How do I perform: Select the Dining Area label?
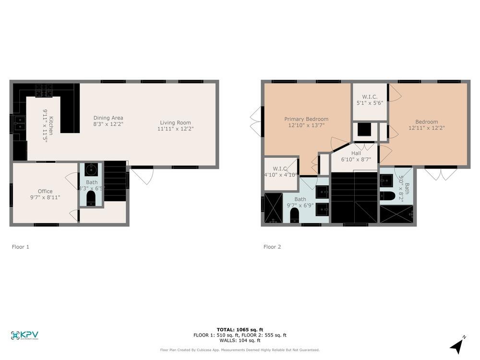pyautogui.click(x=108, y=118)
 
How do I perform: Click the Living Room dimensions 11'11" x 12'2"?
pyautogui.click(x=176, y=129)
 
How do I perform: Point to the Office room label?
pyautogui.click(x=45, y=191)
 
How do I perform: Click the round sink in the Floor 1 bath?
pyautogui.click(x=91, y=170)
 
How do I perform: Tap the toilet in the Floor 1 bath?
pyautogui.click(x=91, y=198)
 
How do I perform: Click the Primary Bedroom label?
pyautogui.click(x=306, y=119)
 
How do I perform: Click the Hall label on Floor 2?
pyautogui.click(x=356, y=153)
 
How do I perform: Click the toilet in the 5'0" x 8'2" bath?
pyautogui.click(x=387, y=196)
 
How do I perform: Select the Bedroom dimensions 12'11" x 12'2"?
pyautogui.click(x=426, y=128)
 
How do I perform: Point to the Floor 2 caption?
pyautogui.click(x=272, y=247)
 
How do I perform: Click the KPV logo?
pyautogui.click(x=24, y=336)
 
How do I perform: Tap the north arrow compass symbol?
pyautogui.click(x=457, y=346)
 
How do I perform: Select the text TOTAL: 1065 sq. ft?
pyautogui.click(x=240, y=329)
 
